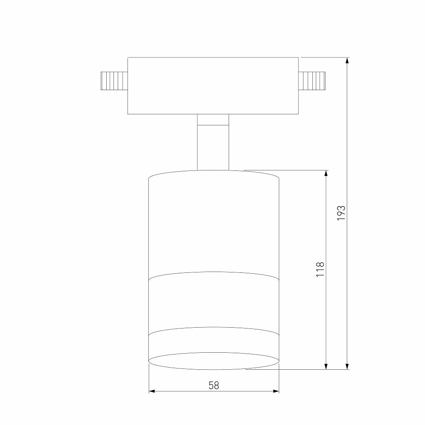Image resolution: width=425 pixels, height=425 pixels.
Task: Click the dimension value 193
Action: click(342, 213)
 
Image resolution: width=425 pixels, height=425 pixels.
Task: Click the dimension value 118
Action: click(320, 269)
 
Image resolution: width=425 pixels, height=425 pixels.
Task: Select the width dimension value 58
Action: click(214, 385)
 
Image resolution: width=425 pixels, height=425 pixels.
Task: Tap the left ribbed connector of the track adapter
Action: click(114, 81)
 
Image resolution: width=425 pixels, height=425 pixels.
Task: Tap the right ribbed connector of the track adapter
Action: click(312, 81)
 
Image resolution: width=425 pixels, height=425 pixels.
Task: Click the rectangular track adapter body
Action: click(213, 86)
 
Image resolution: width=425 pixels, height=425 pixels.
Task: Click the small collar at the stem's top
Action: click(213, 120)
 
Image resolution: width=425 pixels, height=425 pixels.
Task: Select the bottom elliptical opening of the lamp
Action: click(214, 361)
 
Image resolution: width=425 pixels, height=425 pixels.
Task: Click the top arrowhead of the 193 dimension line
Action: click(347, 60)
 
